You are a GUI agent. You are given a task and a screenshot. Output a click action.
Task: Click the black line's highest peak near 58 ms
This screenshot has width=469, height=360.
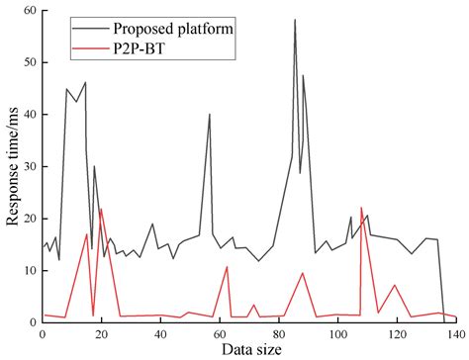click(x=295, y=20)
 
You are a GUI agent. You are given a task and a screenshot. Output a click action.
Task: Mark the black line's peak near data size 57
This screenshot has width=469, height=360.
click(x=210, y=114)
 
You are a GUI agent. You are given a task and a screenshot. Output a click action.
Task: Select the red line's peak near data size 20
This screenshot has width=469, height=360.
click(x=101, y=209)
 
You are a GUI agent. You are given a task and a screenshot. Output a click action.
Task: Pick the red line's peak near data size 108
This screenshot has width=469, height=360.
click(x=361, y=208)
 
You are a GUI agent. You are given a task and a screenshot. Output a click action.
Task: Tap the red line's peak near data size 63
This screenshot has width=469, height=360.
click(x=228, y=267)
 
